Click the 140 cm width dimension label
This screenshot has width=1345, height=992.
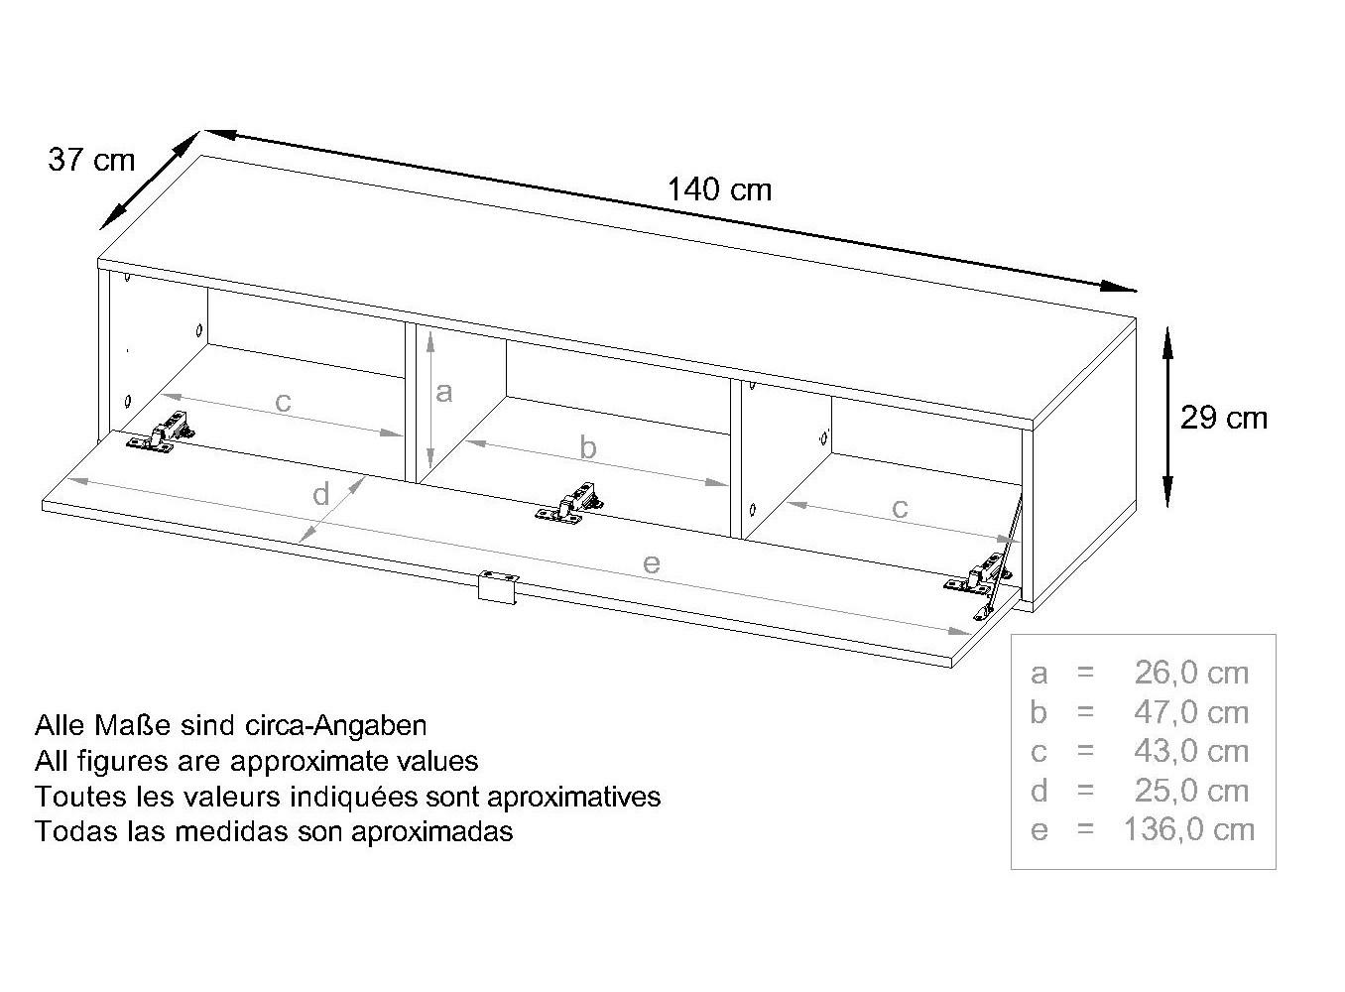[x=719, y=189]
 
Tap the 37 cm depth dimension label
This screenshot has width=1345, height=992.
[x=91, y=161]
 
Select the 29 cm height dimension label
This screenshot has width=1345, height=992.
[x=1224, y=418]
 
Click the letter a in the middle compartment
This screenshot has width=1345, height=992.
[x=443, y=392]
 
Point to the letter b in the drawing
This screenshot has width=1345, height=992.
[x=588, y=448]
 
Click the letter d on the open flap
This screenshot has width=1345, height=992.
[x=321, y=494]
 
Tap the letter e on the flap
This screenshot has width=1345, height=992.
[x=652, y=563]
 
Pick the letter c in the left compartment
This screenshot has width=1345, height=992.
[x=283, y=402]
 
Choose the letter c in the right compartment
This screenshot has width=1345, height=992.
[x=900, y=509]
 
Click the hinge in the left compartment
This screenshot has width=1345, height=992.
[x=161, y=432]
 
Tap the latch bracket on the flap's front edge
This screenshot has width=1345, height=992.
[x=498, y=586]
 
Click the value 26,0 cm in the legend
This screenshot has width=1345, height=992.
[x=1191, y=674]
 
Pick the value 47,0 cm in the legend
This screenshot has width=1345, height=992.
[x=1191, y=713]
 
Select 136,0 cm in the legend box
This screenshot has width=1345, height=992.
[x=1189, y=830]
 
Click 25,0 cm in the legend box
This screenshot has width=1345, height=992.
[x=1191, y=791]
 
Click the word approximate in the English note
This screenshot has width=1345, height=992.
[x=310, y=762]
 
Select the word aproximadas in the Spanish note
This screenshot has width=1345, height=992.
[x=432, y=833]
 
